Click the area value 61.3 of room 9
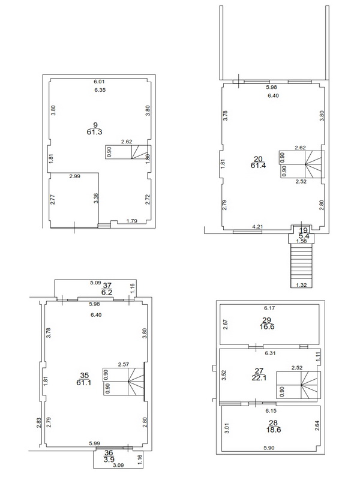tap(94, 132)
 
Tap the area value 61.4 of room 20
tap(258, 166)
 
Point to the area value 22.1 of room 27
tap(259, 378)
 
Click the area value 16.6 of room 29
tap(266, 326)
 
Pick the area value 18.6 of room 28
tap(274, 430)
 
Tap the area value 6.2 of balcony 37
tap(107, 292)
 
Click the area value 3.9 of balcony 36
tap(109, 459)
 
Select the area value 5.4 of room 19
tap(304, 236)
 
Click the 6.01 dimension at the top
tap(99, 82)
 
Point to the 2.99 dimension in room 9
tap(74, 176)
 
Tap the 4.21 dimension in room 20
tap(257, 227)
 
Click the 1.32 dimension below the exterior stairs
tap(301, 285)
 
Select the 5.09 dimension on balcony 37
tap(95, 283)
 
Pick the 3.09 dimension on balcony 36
tap(118, 465)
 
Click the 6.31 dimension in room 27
tap(271, 353)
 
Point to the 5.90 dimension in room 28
tap(269, 448)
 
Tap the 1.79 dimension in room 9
tap(131, 221)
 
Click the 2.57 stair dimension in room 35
tap(124, 364)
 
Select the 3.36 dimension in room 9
tap(96, 198)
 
